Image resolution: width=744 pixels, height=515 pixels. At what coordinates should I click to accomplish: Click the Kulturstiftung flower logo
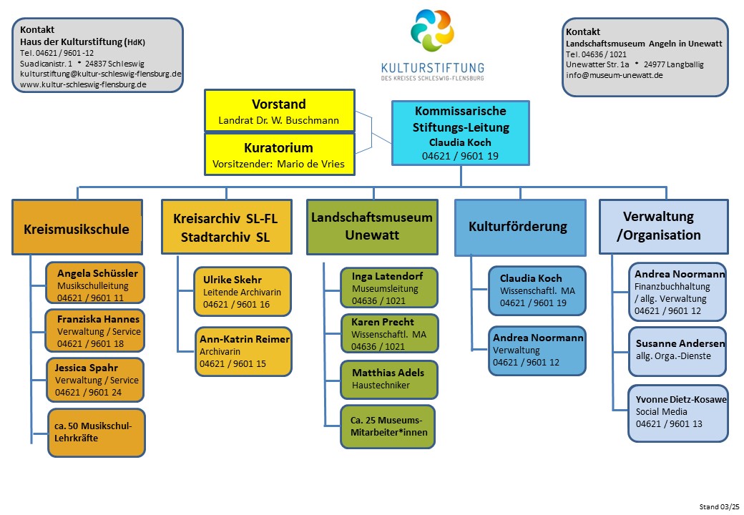432,30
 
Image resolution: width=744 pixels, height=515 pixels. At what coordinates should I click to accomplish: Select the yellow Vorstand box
280,110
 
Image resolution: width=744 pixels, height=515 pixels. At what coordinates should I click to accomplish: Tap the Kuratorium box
280,154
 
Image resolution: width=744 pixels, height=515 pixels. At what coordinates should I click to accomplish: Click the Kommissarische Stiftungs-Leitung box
460,133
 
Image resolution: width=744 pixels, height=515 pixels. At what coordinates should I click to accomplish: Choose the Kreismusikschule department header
77,227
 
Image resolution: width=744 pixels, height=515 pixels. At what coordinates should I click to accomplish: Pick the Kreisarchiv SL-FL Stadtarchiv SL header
226,227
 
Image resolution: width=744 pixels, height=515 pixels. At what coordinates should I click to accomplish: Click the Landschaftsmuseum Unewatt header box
372,227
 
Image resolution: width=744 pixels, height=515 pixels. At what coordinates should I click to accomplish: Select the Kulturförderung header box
520,227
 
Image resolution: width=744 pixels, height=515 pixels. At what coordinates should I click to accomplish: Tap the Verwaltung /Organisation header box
663,227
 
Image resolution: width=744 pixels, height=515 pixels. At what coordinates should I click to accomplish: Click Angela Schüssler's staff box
95,283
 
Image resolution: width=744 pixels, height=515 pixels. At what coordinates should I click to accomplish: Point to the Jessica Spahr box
95,380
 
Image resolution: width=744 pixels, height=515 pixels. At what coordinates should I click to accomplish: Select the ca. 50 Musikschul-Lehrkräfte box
97,433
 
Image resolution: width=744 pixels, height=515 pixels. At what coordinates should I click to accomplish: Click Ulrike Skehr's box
243,292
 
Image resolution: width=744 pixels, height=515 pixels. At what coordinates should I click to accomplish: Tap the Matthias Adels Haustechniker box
388,379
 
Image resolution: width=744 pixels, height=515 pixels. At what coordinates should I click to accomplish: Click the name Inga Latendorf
387,276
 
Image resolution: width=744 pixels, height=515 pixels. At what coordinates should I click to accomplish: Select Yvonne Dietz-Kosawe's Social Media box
678,413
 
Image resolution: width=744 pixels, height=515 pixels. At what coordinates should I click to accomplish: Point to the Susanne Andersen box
677,351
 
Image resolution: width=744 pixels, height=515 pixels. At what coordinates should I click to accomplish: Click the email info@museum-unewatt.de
614,75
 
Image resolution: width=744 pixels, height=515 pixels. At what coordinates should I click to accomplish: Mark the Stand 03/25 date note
719,506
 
